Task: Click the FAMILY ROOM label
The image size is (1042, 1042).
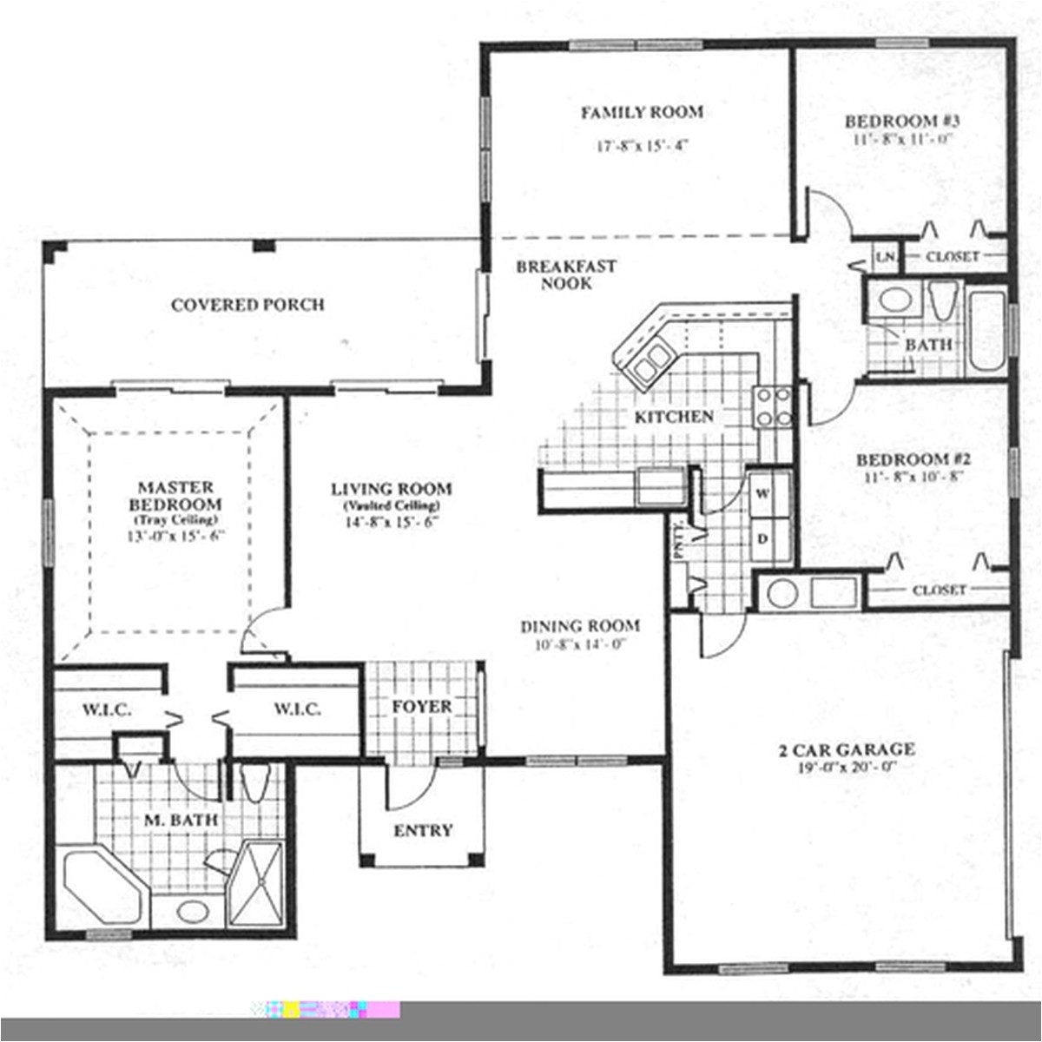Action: [x=642, y=112]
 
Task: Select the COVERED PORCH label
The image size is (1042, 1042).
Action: [x=247, y=305]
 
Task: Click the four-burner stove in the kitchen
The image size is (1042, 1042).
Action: [x=773, y=406]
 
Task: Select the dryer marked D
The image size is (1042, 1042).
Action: [x=764, y=538]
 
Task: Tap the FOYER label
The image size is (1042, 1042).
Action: [x=421, y=707]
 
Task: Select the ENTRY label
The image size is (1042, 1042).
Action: [x=423, y=831]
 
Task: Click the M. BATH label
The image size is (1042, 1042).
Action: [x=181, y=819]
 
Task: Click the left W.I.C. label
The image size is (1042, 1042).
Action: [x=107, y=709]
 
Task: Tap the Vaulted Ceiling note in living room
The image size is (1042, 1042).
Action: [x=391, y=505]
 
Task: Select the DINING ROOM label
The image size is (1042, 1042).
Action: [x=580, y=626]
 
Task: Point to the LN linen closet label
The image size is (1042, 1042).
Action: [x=885, y=257]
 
